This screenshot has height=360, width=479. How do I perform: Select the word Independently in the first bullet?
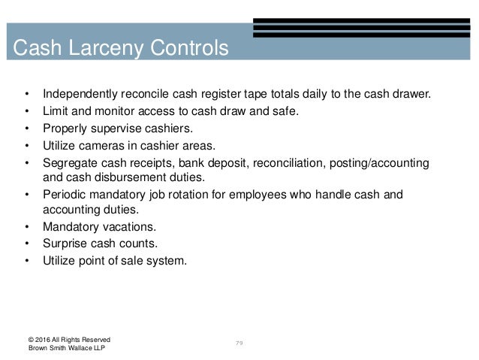[80, 95]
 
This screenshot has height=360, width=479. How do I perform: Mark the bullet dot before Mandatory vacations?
[28, 228]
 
